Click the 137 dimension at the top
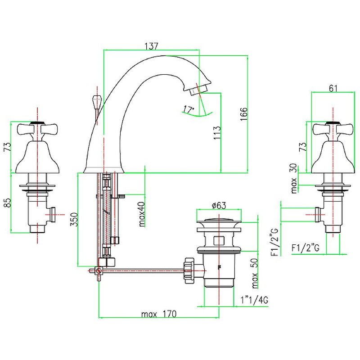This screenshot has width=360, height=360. click(151, 46)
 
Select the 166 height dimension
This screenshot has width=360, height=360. click(243, 115)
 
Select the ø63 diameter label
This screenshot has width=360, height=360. click(218, 206)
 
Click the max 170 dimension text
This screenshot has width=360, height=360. click(158, 314)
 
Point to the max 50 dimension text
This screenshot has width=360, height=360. click(255, 273)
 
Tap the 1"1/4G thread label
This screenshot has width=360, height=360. click(255, 300)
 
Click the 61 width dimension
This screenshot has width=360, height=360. click(333, 88)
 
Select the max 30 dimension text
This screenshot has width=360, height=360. click(294, 179)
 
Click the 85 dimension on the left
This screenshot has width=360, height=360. click(6, 203)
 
